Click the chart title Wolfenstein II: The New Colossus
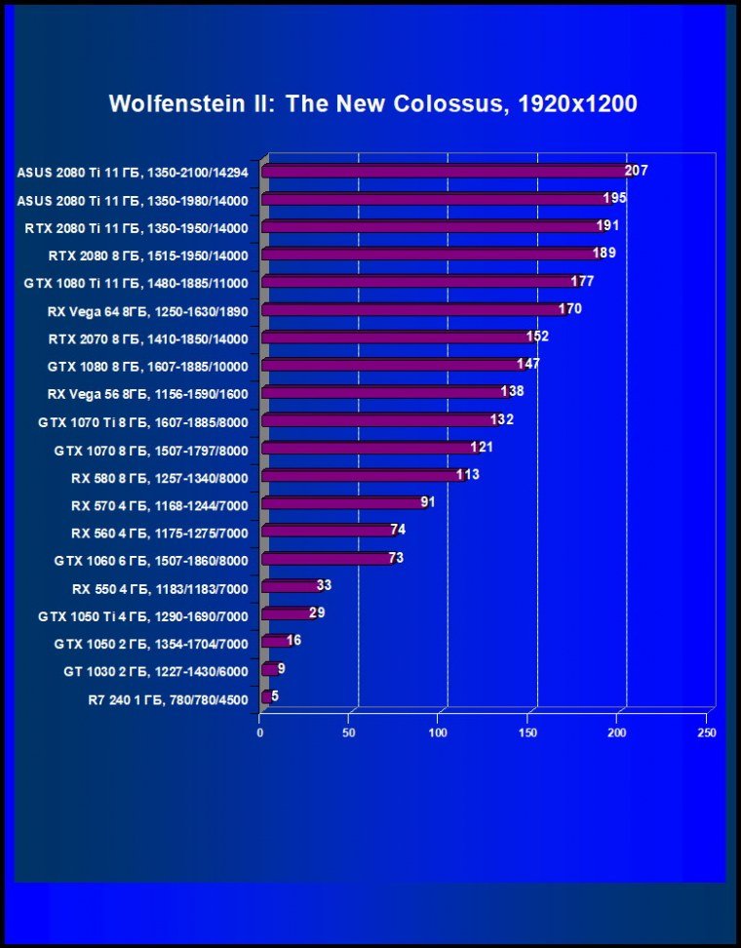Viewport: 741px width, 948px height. (x=372, y=104)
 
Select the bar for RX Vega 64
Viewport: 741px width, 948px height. (x=409, y=310)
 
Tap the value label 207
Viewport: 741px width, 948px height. (x=637, y=171)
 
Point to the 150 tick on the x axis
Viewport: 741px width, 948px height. (x=528, y=731)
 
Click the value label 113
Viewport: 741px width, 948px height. (x=468, y=475)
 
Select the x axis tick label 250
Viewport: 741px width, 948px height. (x=707, y=731)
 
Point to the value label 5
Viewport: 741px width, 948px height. (x=275, y=696)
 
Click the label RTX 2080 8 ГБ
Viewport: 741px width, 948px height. (x=148, y=256)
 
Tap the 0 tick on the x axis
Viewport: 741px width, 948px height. (x=260, y=731)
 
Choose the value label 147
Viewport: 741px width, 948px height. (x=528, y=364)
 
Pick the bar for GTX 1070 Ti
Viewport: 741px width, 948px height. (x=380, y=421)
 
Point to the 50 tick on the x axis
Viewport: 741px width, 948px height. (x=349, y=731)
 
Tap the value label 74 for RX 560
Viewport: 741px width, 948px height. (x=397, y=530)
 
